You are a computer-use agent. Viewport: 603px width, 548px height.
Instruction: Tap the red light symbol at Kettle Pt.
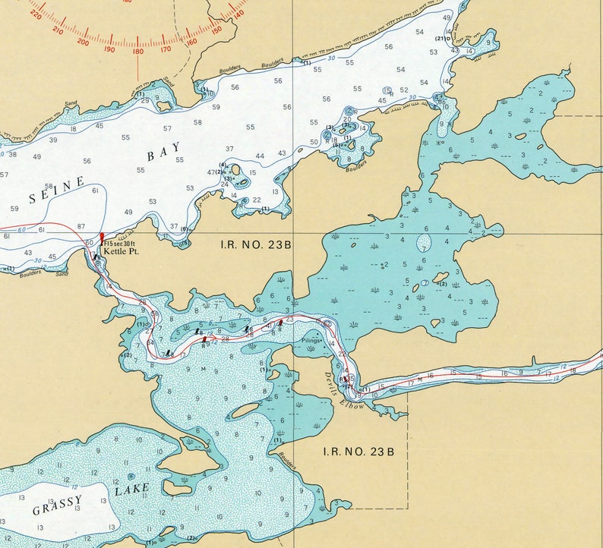point(102,238)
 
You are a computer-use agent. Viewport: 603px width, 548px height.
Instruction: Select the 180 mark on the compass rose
point(137,52)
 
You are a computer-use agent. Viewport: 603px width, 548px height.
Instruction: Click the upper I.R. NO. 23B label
point(246,244)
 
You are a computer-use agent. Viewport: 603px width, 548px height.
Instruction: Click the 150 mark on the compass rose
point(216,30)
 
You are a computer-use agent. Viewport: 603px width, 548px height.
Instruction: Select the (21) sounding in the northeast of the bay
point(440,38)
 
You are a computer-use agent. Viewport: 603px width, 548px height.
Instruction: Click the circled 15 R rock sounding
point(387,91)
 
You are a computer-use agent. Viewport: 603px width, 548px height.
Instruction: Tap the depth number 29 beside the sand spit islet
point(144,100)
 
